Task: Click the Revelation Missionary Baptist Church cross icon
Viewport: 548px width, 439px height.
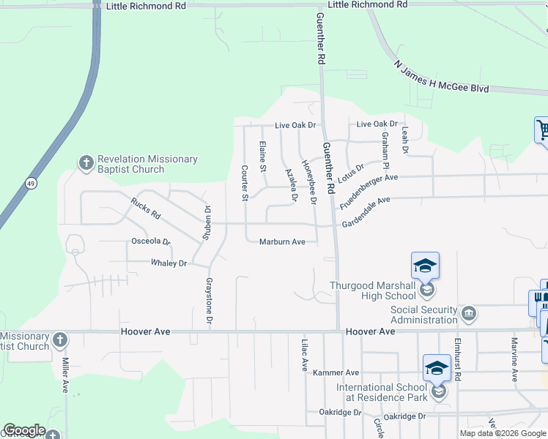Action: pyautogui.click(x=86, y=162)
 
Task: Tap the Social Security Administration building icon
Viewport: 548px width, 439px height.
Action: pyautogui.click(x=470, y=314)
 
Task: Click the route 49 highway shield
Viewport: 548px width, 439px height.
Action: pyautogui.click(x=29, y=182)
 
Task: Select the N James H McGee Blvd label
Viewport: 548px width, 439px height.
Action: pyautogui.click(x=441, y=77)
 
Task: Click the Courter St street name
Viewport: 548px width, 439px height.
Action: pyautogui.click(x=245, y=182)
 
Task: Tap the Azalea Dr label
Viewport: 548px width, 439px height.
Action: pyautogui.click(x=291, y=184)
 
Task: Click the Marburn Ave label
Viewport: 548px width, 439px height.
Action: pyautogui.click(x=282, y=241)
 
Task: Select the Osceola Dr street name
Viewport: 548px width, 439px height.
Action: pyautogui.click(x=150, y=241)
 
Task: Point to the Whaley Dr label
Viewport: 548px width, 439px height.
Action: pyautogui.click(x=169, y=263)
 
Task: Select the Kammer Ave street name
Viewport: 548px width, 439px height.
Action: pyautogui.click(x=336, y=372)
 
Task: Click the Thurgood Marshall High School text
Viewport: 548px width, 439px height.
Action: pyautogui.click(x=373, y=290)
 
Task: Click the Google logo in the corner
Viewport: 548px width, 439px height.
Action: pyautogui.click(x=24, y=430)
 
